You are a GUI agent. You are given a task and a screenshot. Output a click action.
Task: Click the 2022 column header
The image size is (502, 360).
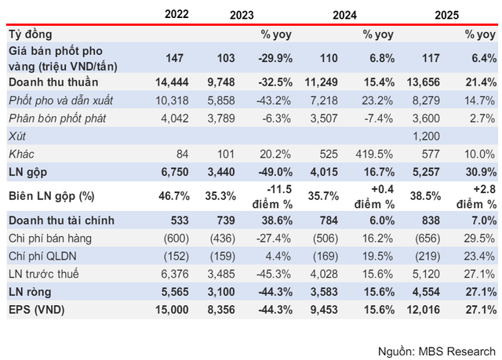click(180, 14)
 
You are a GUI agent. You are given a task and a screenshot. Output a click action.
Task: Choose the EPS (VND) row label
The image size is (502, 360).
click(37, 309)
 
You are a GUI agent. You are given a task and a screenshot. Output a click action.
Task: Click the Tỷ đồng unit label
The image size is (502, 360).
click(31, 35)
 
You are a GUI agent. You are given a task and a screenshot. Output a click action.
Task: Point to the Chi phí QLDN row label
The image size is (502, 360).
click(42, 256)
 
